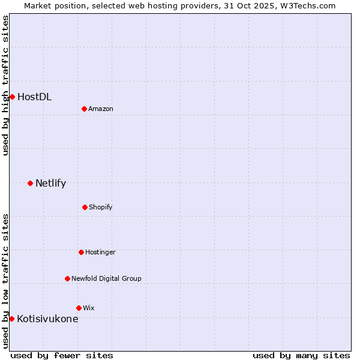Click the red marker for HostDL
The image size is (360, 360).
coord(12,97)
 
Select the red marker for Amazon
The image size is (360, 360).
coord(84,109)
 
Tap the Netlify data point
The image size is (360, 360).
coord(30,183)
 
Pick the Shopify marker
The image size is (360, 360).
coord(85,207)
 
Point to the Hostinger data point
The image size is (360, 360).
coord(81,252)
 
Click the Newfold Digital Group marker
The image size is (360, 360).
coord(67,278)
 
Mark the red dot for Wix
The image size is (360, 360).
coord(79,308)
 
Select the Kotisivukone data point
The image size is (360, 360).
coord(11,319)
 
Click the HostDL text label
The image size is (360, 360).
coord(34,97)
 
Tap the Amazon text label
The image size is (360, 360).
coord(100,109)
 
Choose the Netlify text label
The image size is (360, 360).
coord(50,183)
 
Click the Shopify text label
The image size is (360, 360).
coord(100,207)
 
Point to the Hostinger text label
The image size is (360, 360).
coord(100,252)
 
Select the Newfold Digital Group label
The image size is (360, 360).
coord(106,278)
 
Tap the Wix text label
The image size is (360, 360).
coord(88,308)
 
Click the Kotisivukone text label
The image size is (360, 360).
coord(47,319)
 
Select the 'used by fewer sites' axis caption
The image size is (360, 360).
coord(62,355)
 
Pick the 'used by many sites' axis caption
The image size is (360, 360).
coord(301,355)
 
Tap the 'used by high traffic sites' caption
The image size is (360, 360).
coord(5,85)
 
